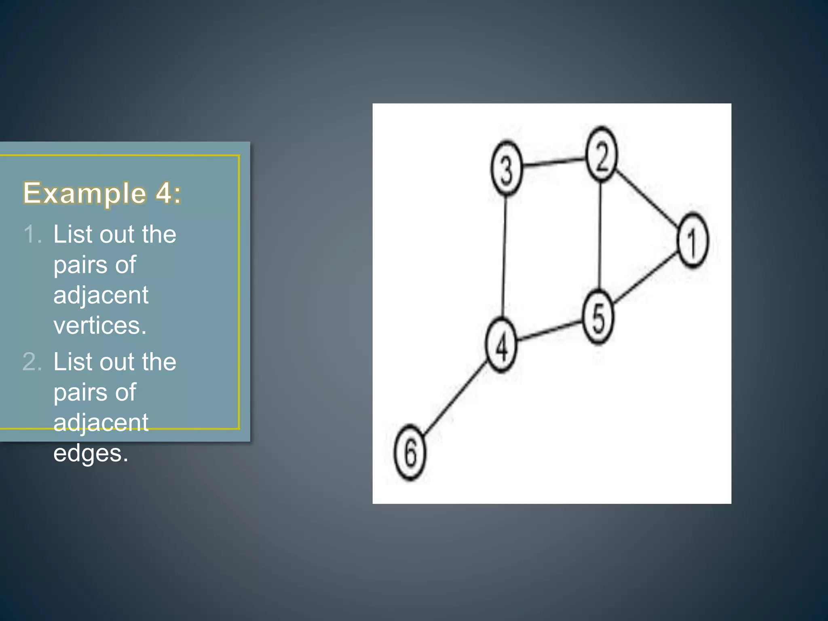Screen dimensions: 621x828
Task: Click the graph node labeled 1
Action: click(693, 241)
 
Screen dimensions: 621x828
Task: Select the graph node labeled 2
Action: click(602, 154)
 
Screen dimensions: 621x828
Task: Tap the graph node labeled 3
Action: click(507, 168)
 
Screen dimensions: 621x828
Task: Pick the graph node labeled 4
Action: click(501, 345)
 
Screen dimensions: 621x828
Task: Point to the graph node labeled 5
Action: click(598, 317)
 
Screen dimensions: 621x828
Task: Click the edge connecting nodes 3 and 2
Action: click(554, 161)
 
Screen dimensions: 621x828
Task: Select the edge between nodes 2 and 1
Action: click(647, 197)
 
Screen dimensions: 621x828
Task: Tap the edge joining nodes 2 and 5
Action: click(600, 234)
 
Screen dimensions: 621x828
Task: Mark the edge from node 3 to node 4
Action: click(504, 257)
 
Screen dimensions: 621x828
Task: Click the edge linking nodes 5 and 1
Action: click(645, 279)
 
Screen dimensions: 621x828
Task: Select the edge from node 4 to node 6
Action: click(456, 398)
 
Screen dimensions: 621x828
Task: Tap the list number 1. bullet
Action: click(32, 234)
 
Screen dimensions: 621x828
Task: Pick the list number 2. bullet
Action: click(32, 362)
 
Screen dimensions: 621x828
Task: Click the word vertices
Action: click(100, 325)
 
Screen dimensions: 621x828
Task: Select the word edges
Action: click(91, 453)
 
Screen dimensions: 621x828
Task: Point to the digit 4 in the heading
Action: click(164, 193)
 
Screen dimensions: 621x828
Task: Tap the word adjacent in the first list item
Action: click(101, 295)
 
